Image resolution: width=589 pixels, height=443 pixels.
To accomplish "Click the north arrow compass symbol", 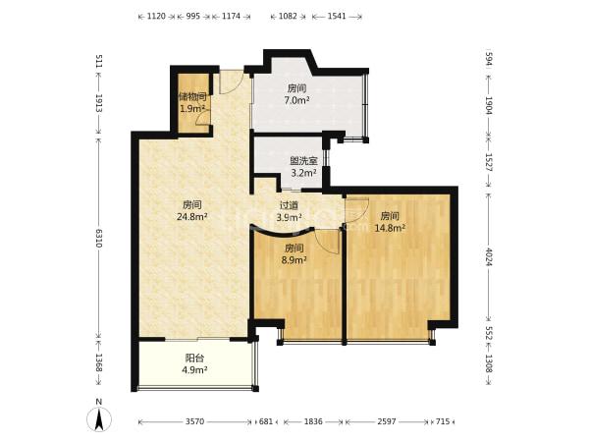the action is tap(99, 417).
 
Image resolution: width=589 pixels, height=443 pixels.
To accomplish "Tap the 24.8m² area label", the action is tap(192, 216).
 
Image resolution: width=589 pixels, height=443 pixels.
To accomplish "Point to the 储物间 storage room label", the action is tap(192, 97).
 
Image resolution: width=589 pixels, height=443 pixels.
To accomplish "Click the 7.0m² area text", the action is tap(296, 100).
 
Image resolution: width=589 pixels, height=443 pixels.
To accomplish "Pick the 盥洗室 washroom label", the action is tap(303, 161).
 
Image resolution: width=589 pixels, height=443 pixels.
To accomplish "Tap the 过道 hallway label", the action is tap(289, 205).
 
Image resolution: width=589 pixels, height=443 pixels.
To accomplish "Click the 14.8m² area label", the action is tap(390, 227).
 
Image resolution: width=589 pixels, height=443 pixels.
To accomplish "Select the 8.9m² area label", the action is tap(294, 259).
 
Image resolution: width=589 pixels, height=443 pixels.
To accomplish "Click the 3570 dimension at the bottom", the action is tap(194, 421).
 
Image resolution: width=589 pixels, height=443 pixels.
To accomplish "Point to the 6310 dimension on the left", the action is tap(99, 238).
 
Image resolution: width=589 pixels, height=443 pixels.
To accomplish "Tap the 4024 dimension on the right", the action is tap(488, 256).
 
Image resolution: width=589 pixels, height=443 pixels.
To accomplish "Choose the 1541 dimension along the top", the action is tap(337, 16).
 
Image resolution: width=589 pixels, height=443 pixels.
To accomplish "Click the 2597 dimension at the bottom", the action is tap(387, 421).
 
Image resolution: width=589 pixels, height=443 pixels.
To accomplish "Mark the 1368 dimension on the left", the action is tap(99, 362).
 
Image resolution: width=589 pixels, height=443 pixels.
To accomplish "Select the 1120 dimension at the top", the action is tap(156, 16).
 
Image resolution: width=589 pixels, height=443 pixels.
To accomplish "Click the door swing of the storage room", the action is tap(201, 118).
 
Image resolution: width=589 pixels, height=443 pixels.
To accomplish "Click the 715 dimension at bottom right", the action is tap(443, 421).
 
